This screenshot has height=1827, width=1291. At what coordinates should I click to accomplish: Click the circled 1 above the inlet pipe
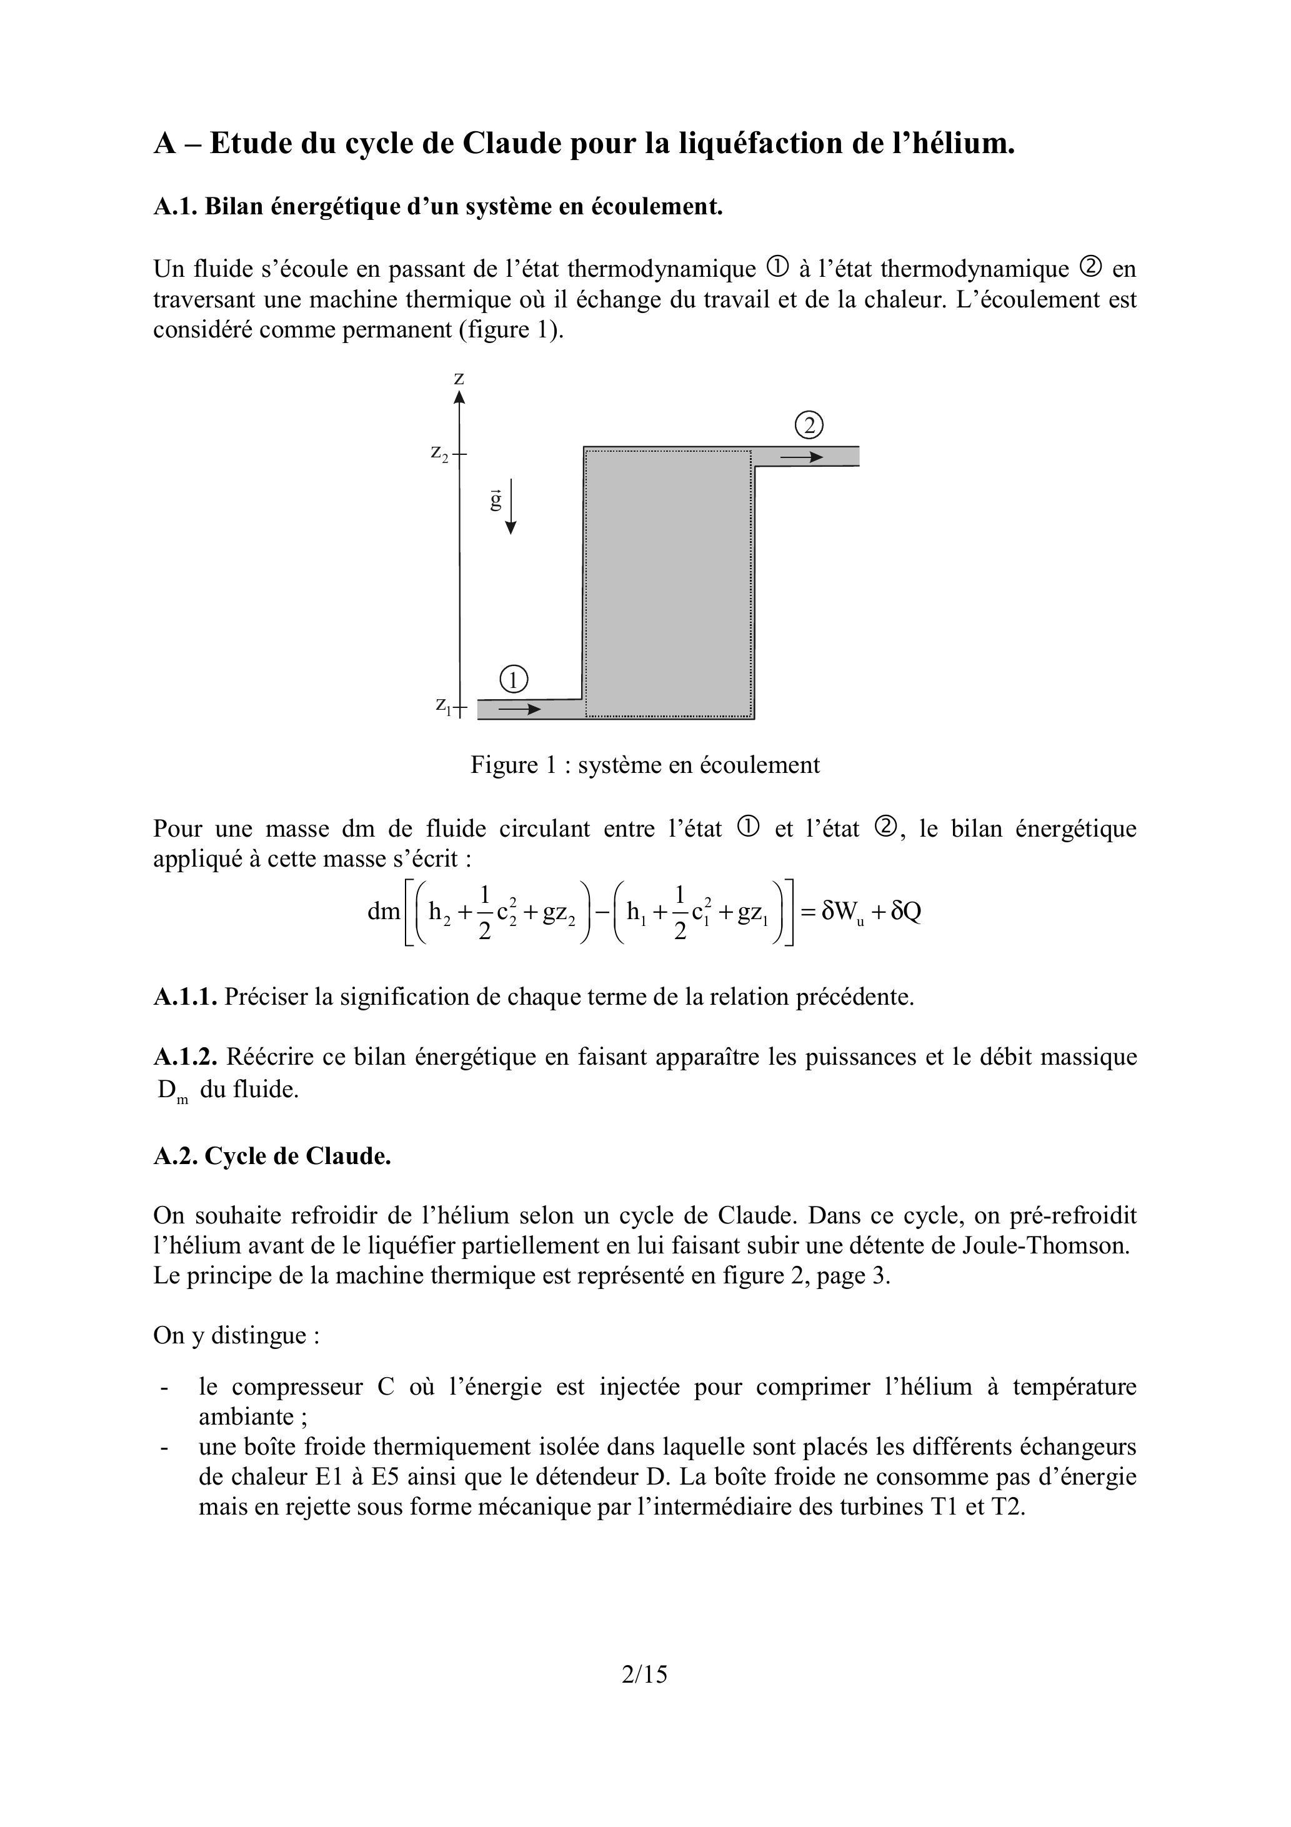[514, 680]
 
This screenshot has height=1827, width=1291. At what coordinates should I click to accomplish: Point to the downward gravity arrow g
[510, 506]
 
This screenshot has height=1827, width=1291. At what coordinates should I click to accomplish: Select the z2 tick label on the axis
[439, 453]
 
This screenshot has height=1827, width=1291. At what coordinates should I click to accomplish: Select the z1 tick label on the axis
[443, 704]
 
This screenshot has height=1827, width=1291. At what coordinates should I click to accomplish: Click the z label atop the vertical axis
[459, 379]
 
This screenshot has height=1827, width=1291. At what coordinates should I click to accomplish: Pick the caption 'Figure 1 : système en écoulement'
[645, 765]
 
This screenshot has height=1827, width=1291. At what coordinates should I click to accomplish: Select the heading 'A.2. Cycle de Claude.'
[272, 1155]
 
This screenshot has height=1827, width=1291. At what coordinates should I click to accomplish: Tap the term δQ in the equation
[907, 911]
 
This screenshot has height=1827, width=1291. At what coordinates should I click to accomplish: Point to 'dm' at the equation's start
[384, 911]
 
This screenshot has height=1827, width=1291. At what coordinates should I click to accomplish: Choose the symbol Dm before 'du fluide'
[171, 1090]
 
